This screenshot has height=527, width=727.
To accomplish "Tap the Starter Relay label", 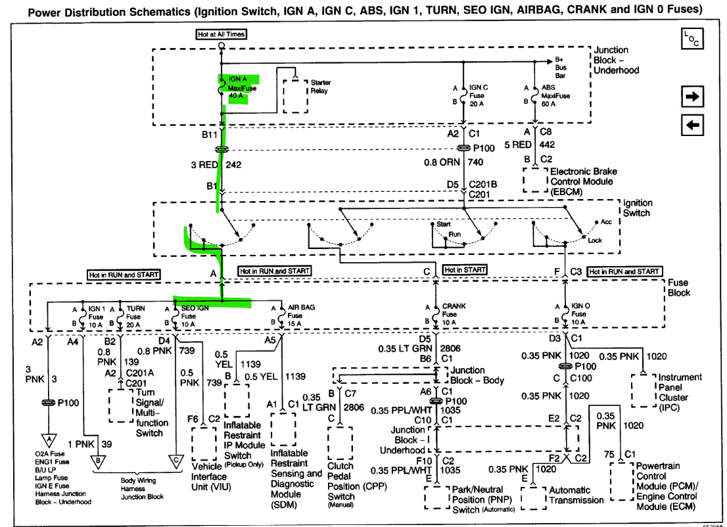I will (x=320, y=87).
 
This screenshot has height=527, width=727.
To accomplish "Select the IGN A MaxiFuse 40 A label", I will (x=239, y=87).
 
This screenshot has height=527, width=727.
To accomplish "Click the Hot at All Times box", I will (x=222, y=34).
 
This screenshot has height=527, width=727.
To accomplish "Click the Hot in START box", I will (x=465, y=270).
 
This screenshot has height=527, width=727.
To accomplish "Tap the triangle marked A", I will (x=48, y=439).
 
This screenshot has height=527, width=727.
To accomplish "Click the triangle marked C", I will (x=176, y=461).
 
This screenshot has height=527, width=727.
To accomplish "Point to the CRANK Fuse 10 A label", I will (x=454, y=315).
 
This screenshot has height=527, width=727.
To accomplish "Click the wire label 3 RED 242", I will (x=216, y=164).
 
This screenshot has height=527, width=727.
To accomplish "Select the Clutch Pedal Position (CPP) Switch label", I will (x=354, y=482).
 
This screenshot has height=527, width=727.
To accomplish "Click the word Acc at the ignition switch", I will (x=605, y=222).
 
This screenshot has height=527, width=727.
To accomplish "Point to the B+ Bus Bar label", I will (x=561, y=67).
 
